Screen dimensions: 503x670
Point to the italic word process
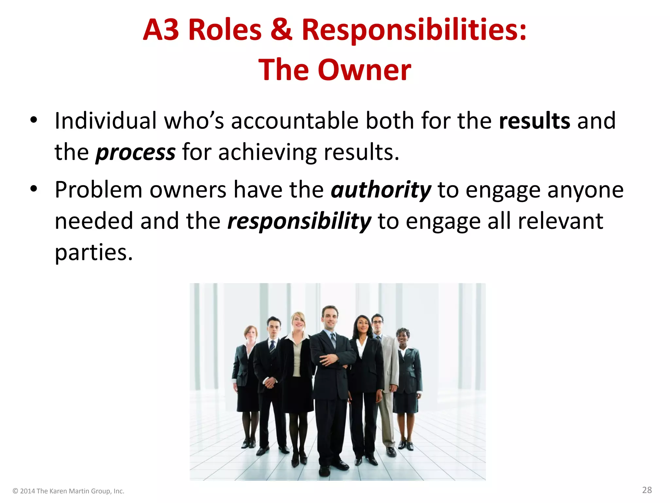click(x=135, y=153)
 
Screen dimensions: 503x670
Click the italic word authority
click(x=381, y=190)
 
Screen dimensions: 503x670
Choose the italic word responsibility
click(x=299, y=221)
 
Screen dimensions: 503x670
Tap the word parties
click(x=94, y=253)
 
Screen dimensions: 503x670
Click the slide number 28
click(x=647, y=490)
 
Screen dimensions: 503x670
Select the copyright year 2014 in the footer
click(x=27, y=491)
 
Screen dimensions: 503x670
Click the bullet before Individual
click(x=33, y=120)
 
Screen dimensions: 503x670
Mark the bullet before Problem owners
click(x=33, y=189)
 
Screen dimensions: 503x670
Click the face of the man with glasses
click(x=377, y=323)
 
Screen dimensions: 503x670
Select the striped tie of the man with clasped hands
click(x=272, y=347)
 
